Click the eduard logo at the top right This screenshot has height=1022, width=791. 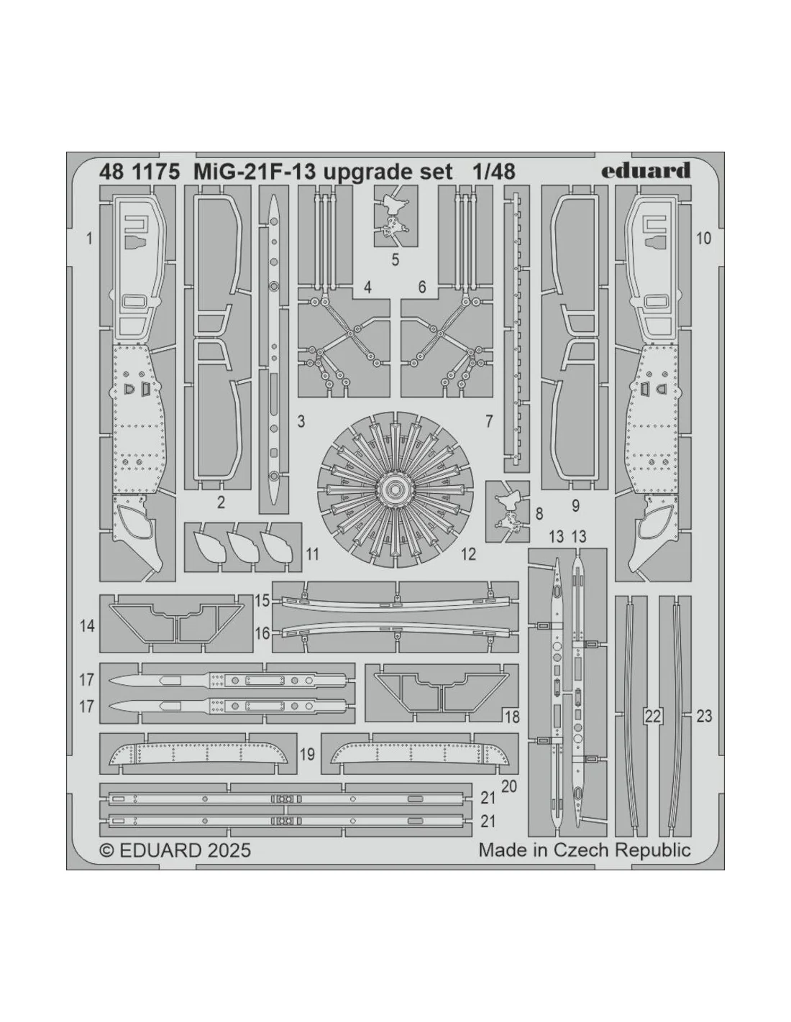pyautogui.click(x=646, y=170)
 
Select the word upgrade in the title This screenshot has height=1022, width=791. pyautogui.click(x=363, y=173)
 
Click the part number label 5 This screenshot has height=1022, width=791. pyautogui.click(x=395, y=259)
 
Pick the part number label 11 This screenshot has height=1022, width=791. pyautogui.click(x=312, y=554)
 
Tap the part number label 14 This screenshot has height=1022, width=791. pyautogui.click(x=88, y=626)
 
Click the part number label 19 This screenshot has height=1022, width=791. pyautogui.click(x=307, y=755)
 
